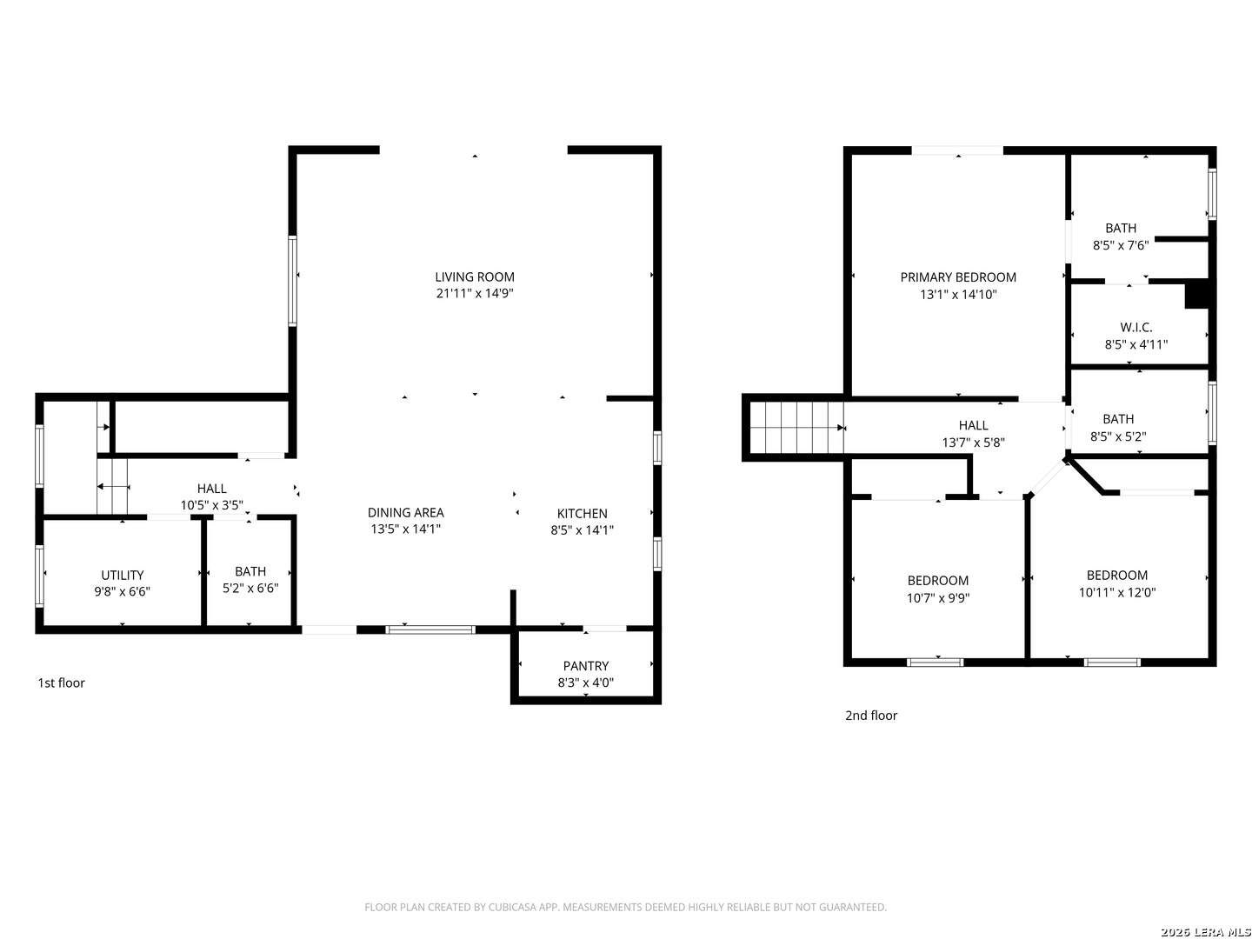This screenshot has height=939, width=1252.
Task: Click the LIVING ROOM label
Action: [474, 277]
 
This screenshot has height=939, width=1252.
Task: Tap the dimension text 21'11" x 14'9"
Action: [475, 294]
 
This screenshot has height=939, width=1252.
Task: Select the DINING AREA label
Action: [405, 513]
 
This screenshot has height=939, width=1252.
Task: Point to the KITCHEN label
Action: [582, 513]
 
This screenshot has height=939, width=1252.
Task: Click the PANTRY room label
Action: [585, 666]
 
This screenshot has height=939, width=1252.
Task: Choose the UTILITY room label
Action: [122, 576]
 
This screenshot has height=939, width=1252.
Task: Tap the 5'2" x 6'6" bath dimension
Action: [250, 588]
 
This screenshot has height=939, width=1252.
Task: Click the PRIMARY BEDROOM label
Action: [957, 277]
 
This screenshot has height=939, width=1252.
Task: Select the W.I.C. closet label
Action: [1135, 327]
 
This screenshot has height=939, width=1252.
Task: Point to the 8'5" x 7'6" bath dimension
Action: [1120, 245]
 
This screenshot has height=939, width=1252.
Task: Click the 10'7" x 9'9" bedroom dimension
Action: [938, 597]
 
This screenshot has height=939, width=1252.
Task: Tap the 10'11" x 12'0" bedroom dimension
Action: [1117, 592]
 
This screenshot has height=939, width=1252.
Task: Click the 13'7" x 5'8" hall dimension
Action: [973, 442]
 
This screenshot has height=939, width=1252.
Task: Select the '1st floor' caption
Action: [61, 683]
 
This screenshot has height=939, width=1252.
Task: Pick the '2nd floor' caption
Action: [870, 715]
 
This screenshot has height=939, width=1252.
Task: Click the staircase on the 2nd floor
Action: [796, 427]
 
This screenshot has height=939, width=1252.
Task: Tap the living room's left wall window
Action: [292, 281]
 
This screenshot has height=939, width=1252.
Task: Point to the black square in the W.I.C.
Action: [1196, 294]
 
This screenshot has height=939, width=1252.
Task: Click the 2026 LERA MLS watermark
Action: [1205, 931]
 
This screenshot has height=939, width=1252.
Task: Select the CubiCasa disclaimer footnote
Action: [625, 907]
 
